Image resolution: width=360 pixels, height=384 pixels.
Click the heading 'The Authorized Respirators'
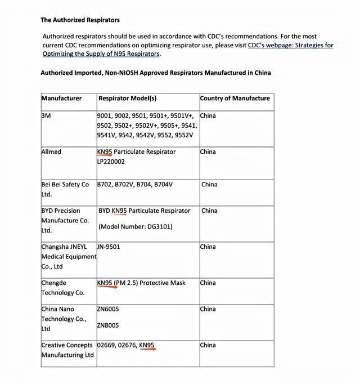click(80, 20)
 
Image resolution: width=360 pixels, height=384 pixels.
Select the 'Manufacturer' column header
click(61, 98)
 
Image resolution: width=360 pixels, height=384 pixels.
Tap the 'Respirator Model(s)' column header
click(127, 98)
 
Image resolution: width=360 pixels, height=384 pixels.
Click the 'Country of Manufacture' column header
click(235, 98)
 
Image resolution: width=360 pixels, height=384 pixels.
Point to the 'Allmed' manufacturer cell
click(51, 151)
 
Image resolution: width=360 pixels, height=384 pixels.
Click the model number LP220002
click(111, 162)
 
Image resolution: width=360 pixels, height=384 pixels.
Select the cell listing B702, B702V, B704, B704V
click(135, 184)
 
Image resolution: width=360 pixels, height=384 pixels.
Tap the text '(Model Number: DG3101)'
click(135, 227)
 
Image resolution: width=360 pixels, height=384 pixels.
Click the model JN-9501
click(109, 247)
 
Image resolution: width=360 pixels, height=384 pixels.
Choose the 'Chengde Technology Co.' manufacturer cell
click(62, 288)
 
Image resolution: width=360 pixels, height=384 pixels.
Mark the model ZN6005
click(108, 309)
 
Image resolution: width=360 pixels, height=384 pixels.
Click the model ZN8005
click(108, 325)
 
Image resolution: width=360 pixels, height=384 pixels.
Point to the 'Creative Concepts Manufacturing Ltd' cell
click(67, 350)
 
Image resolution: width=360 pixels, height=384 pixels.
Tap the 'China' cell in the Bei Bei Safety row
click(209, 184)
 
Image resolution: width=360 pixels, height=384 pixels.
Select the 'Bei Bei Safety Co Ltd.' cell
click(65, 189)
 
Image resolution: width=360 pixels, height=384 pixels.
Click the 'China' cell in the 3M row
click(208, 115)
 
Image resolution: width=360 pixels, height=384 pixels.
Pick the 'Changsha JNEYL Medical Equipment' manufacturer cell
click(68, 256)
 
